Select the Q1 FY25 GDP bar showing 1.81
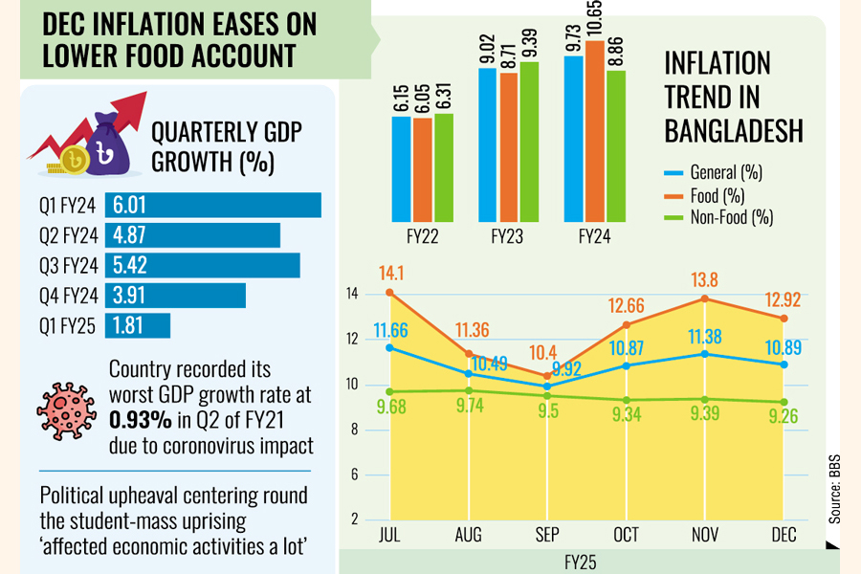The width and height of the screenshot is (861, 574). click(x=138, y=325)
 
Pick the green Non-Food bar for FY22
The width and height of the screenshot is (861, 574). click(x=444, y=168)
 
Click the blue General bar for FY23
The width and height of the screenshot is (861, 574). click(x=488, y=145)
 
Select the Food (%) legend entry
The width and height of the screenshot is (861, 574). click(x=718, y=195)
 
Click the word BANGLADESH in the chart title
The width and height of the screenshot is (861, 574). click(x=733, y=130)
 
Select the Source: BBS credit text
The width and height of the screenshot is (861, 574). click(x=835, y=488)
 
